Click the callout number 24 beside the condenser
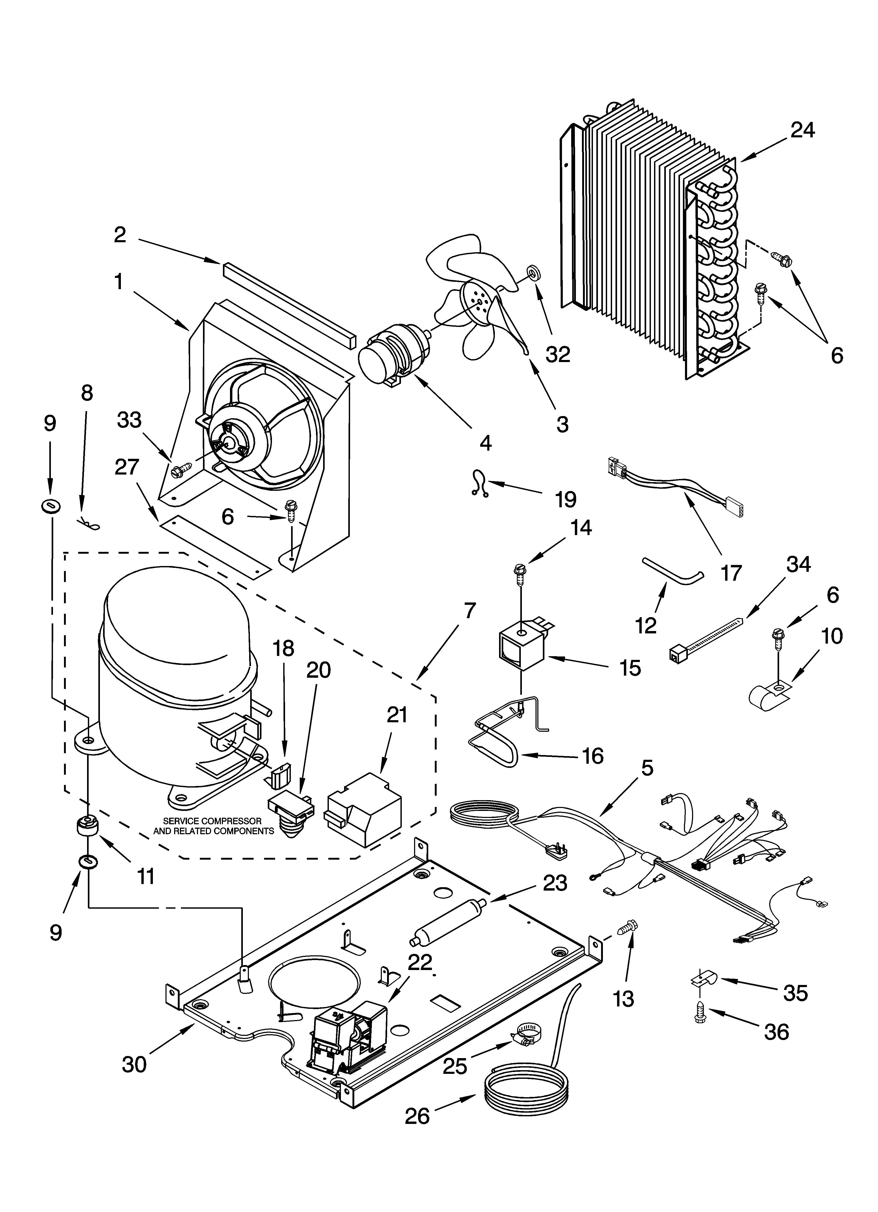coord(803,130)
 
